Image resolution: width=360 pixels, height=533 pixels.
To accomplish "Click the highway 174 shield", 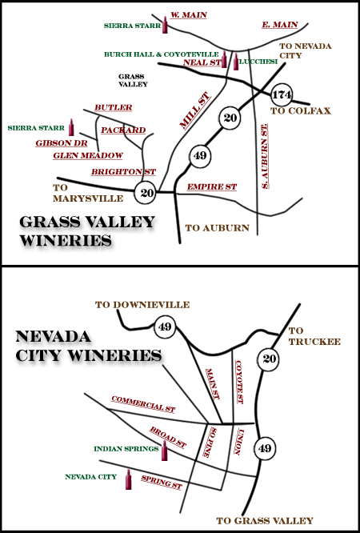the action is [x=282, y=95].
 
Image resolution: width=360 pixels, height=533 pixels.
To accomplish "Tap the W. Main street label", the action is [x=189, y=15].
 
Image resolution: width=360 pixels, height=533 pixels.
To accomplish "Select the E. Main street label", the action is [x=280, y=25].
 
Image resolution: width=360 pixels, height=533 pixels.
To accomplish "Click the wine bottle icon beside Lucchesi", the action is [x=236, y=62].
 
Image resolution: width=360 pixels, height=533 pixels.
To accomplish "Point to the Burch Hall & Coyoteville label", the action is [x=161, y=54].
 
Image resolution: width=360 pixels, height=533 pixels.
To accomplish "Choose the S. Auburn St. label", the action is [x=265, y=156].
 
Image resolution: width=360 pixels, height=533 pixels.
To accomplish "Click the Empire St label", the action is [x=212, y=186].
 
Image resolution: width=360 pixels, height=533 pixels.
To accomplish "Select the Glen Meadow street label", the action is [x=88, y=155].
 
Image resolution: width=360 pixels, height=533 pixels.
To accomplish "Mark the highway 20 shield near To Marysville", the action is [x=145, y=193].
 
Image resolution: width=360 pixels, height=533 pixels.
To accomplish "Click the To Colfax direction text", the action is [x=301, y=110].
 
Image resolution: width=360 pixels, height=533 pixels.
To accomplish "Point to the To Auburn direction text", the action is [x=218, y=228].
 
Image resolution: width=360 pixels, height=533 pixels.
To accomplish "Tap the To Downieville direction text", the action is [x=142, y=305].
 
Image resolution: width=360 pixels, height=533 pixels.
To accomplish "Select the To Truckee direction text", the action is [x=314, y=336].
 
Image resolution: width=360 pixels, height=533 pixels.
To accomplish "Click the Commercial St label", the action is [x=143, y=404].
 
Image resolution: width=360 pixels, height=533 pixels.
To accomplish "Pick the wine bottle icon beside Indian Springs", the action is [x=164, y=451].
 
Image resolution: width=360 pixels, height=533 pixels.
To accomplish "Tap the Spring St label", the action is [x=162, y=483].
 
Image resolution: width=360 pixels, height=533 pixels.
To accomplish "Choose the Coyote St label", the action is [x=238, y=382].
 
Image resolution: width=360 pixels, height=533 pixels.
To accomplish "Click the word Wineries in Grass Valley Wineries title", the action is [x=66, y=240].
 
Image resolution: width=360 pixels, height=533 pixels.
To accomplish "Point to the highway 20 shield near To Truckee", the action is [x=268, y=359].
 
